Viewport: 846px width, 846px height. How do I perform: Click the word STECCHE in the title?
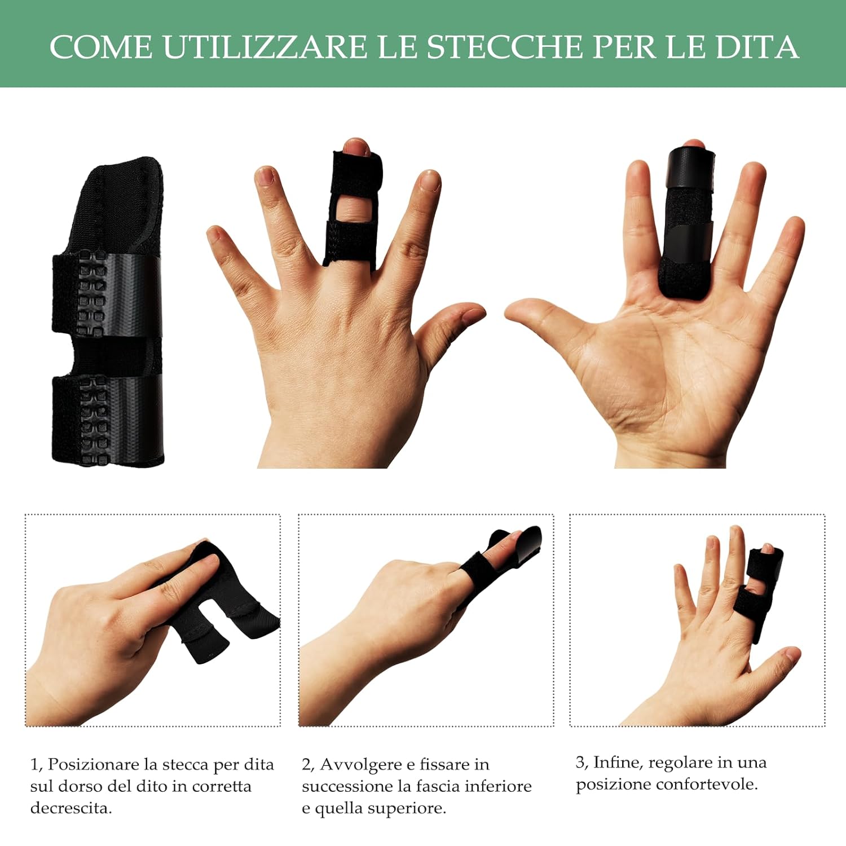(x=504, y=47)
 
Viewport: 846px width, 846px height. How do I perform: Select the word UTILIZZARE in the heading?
(x=265, y=47)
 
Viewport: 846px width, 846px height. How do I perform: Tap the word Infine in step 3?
(x=618, y=763)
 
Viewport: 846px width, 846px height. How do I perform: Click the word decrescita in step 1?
(x=70, y=808)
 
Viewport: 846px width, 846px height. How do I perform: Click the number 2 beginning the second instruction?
(x=306, y=765)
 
